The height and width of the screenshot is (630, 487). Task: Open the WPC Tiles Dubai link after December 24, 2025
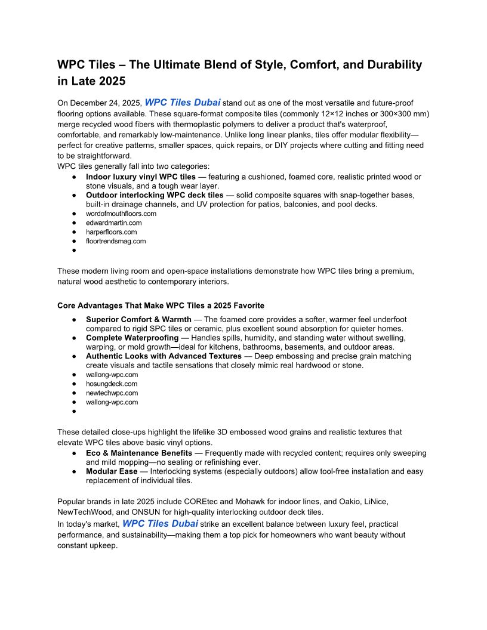click(183, 103)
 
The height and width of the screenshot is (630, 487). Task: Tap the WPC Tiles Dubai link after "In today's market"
click(160, 524)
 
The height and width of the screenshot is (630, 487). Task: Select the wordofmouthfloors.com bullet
click(121, 214)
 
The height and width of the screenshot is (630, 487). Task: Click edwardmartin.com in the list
click(114, 223)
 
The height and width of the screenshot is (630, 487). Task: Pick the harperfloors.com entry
click(111, 232)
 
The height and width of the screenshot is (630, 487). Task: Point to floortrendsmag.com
click(116, 241)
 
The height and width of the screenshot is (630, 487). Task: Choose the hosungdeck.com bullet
click(112, 384)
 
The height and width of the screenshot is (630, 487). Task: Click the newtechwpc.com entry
click(112, 393)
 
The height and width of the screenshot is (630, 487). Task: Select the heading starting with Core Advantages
click(161, 305)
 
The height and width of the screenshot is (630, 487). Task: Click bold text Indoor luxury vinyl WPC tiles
click(141, 177)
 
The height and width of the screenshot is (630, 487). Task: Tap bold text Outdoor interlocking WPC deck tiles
click(155, 195)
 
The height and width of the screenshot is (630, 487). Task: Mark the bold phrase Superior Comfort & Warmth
click(139, 320)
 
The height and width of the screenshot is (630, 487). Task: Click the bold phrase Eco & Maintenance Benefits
click(139, 453)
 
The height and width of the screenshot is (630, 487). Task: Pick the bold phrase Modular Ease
click(112, 471)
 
